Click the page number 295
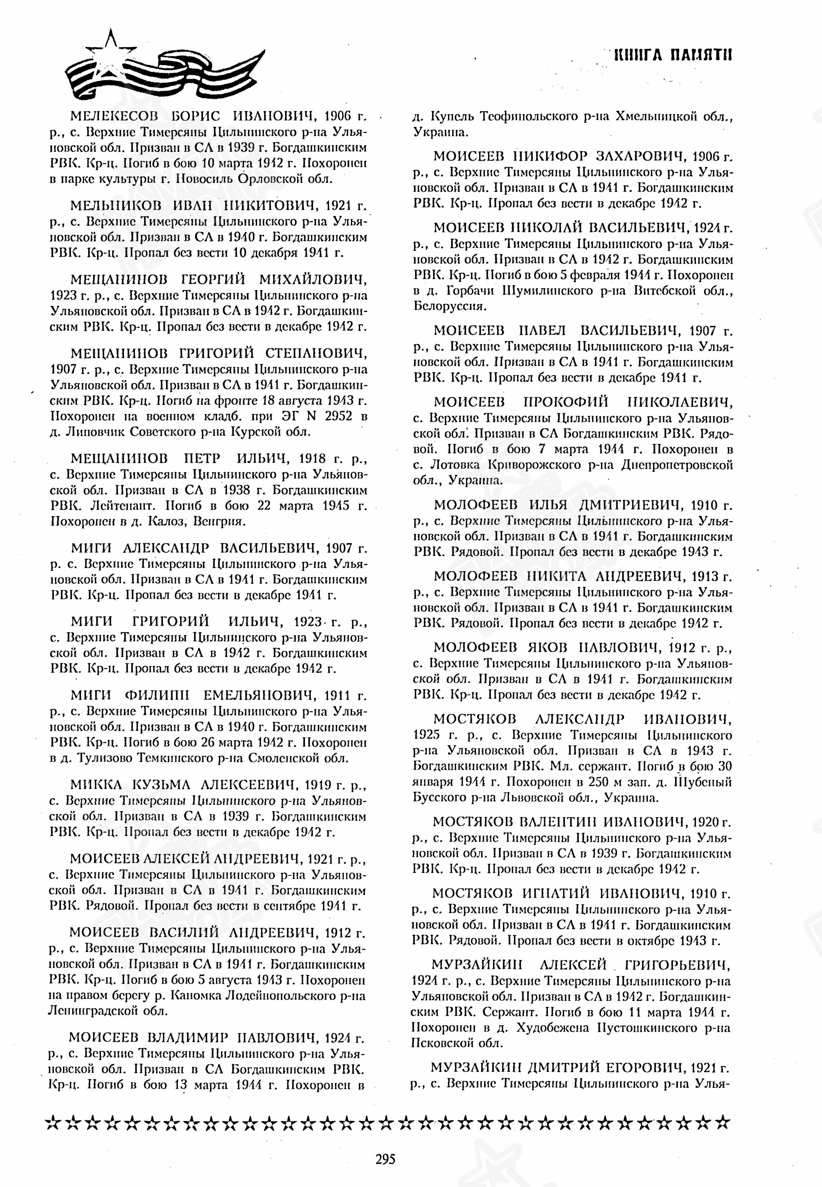[x=385, y=1160]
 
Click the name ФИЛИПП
[x=158, y=695]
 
